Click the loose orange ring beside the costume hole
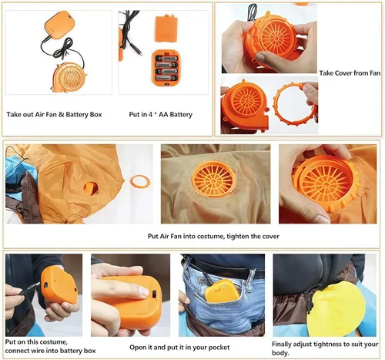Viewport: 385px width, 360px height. pyautogui.click(x=139, y=182)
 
